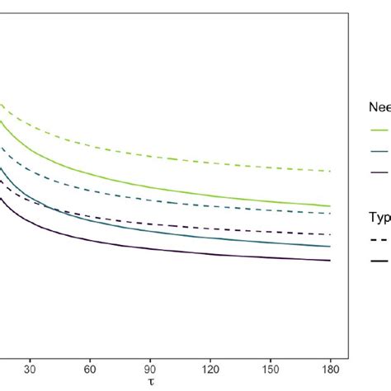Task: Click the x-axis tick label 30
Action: pos(30,370)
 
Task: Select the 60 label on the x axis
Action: pos(90,370)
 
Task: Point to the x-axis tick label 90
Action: pos(150,370)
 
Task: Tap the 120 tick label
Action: pos(210,370)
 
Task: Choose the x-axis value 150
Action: pos(271,370)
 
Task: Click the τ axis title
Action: pos(150,383)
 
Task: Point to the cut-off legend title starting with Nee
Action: pos(379,106)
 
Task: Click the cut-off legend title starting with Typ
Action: pos(379,216)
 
